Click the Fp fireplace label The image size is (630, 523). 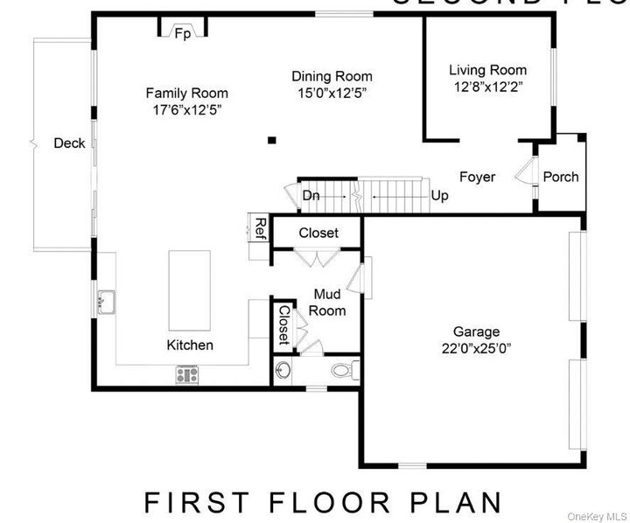183,34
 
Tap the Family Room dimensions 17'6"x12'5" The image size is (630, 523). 186,110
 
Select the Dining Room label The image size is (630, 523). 332,76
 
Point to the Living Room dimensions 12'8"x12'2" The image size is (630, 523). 487,87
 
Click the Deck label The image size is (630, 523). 69,143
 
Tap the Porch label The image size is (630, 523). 560,177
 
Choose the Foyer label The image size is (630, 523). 477,177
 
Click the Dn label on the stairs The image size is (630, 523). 311,196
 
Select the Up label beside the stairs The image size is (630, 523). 439,196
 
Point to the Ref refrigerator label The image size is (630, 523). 260,228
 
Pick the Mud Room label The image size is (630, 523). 329,303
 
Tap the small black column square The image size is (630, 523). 272,139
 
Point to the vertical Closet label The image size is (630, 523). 283,324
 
